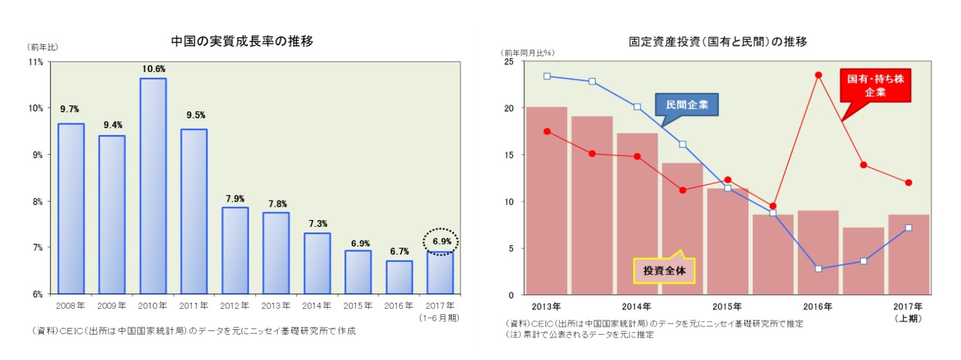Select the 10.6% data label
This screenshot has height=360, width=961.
pyautogui.click(x=153, y=68)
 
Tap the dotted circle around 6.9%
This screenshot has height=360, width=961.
pyautogui.click(x=441, y=242)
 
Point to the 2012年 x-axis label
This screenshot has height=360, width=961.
pyautogui.click(x=235, y=306)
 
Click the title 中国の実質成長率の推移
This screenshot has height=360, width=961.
pyautogui.click(x=242, y=41)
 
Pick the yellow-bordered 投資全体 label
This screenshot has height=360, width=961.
pyautogui.click(x=664, y=270)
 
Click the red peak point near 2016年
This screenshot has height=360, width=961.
pyautogui.click(x=819, y=75)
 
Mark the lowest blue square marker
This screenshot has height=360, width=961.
pyautogui.click(x=819, y=269)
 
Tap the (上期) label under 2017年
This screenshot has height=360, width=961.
pyautogui.click(x=910, y=318)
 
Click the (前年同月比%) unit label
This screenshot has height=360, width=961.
pyautogui.click(x=528, y=52)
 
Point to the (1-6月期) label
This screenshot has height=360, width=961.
pyautogui.click(x=439, y=317)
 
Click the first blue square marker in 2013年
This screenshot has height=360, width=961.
pyautogui.click(x=547, y=76)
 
